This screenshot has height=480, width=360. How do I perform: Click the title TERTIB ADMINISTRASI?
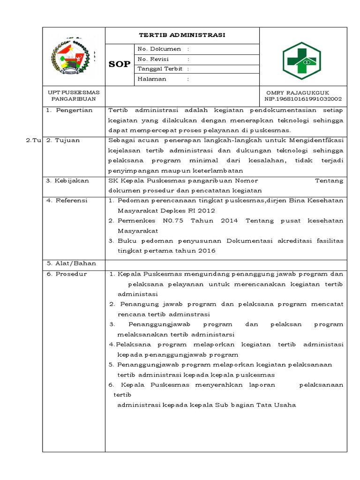pyautogui.click(x=182, y=35)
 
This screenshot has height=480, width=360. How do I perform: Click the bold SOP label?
pyautogui.click(x=120, y=64)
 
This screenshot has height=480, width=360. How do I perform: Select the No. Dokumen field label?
pyautogui.click(x=159, y=49)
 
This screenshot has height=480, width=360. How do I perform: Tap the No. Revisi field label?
pyautogui.click(x=153, y=59)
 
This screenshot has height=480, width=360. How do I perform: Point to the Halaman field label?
pyautogui.click(x=152, y=79)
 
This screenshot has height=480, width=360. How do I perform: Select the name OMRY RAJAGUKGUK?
pyautogui.click(x=298, y=92)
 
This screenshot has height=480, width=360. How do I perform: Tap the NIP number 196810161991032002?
pyautogui.click(x=303, y=99)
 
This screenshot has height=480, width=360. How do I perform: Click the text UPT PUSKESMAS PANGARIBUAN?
pyautogui.click(x=74, y=96)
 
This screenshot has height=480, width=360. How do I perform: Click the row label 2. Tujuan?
pyautogui.click(x=63, y=140)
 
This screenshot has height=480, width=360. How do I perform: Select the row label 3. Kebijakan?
pyautogui.click(x=67, y=180)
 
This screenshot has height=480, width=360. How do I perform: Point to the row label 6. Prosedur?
pyautogui.click(x=67, y=274)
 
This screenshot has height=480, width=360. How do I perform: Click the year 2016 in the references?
pyautogui.click(x=206, y=251)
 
